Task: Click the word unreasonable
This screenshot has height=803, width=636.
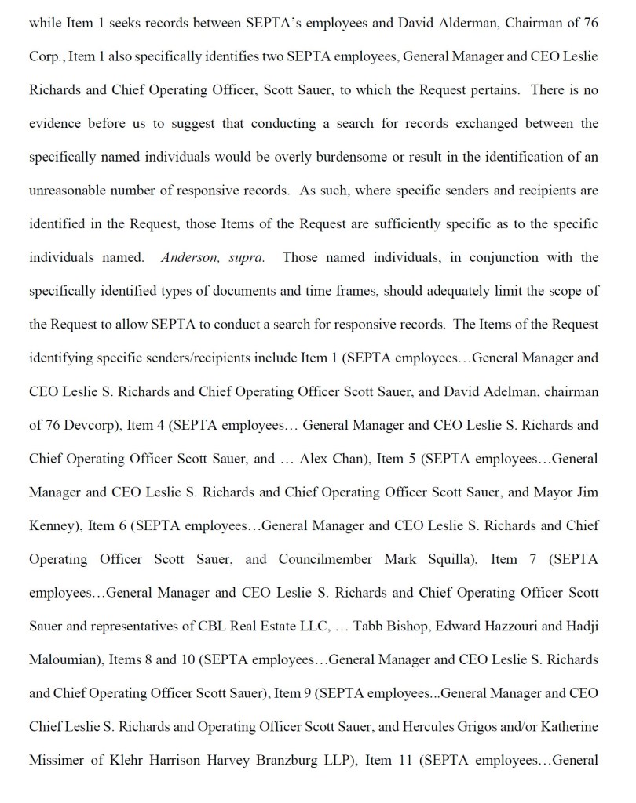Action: click(71, 191)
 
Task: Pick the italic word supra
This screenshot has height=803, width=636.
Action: click(245, 257)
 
